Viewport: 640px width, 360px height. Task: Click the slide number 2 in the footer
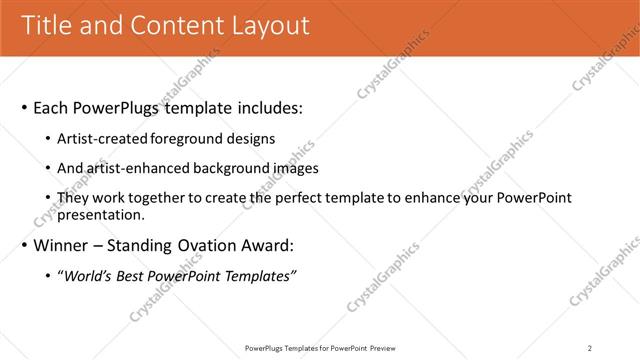[589, 348]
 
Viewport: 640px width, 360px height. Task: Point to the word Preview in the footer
[384, 348]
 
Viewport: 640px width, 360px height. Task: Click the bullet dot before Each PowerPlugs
[24, 107]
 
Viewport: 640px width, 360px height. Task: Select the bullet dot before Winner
[24, 245]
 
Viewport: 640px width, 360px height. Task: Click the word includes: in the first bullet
[265, 107]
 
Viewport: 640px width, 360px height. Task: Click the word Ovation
[209, 245]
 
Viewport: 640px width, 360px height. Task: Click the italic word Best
[131, 276]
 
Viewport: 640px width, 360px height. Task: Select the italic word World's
[87, 276]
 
